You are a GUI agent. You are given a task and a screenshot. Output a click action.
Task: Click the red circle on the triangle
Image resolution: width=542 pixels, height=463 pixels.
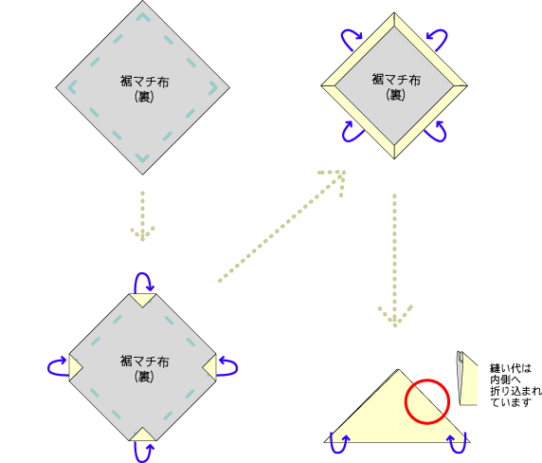point(427,380)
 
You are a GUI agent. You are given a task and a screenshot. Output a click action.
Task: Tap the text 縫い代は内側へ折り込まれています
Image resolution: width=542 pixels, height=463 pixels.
point(515,385)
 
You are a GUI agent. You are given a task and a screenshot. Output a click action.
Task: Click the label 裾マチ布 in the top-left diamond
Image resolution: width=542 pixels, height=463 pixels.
point(144,82)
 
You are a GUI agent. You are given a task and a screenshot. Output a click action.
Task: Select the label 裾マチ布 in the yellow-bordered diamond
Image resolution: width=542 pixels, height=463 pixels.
point(396,80)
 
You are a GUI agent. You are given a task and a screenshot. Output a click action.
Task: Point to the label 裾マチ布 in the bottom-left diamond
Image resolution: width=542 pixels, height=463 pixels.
point(144,361)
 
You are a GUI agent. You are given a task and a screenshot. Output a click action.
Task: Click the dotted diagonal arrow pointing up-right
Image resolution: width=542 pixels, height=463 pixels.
point(281,226)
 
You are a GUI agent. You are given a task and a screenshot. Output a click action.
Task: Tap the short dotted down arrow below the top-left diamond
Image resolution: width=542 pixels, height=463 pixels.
point(142,216)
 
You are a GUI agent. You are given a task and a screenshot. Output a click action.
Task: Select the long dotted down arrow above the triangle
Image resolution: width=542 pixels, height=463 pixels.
point(395,261)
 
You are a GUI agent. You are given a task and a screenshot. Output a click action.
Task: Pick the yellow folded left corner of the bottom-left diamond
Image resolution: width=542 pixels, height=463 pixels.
point(74,367)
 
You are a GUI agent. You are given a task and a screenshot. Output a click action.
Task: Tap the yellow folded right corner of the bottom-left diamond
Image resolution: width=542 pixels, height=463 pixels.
point(210,367)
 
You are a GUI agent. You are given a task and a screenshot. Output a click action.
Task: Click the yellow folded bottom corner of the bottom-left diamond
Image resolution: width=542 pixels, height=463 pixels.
point(143,435)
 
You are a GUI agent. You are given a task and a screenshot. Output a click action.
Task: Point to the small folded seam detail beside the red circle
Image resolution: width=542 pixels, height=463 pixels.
point(466,378)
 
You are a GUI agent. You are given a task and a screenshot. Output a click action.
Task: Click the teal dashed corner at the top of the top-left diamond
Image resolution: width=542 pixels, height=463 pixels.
point(143,16)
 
